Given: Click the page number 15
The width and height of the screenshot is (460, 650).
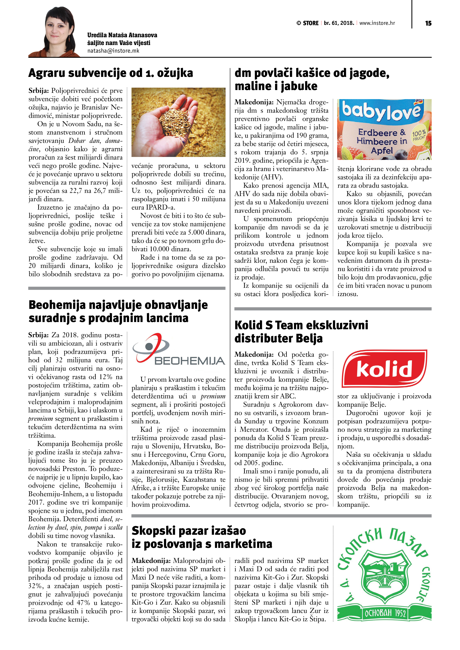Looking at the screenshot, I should (428, 23).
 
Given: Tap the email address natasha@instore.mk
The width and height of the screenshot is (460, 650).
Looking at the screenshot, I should (113, 51).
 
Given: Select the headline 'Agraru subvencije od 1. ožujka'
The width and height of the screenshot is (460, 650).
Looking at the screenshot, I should (111, 73).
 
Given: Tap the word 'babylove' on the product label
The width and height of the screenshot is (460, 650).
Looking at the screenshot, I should (381, 110).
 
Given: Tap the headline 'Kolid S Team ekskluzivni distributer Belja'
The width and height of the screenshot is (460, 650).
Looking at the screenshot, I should (301, 331).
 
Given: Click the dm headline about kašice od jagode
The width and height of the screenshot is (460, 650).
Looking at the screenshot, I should (312, 79).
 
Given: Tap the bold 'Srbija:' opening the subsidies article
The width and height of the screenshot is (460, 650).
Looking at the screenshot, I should (39, 91).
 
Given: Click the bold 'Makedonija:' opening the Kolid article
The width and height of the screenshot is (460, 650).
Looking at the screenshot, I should (254, 354).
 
